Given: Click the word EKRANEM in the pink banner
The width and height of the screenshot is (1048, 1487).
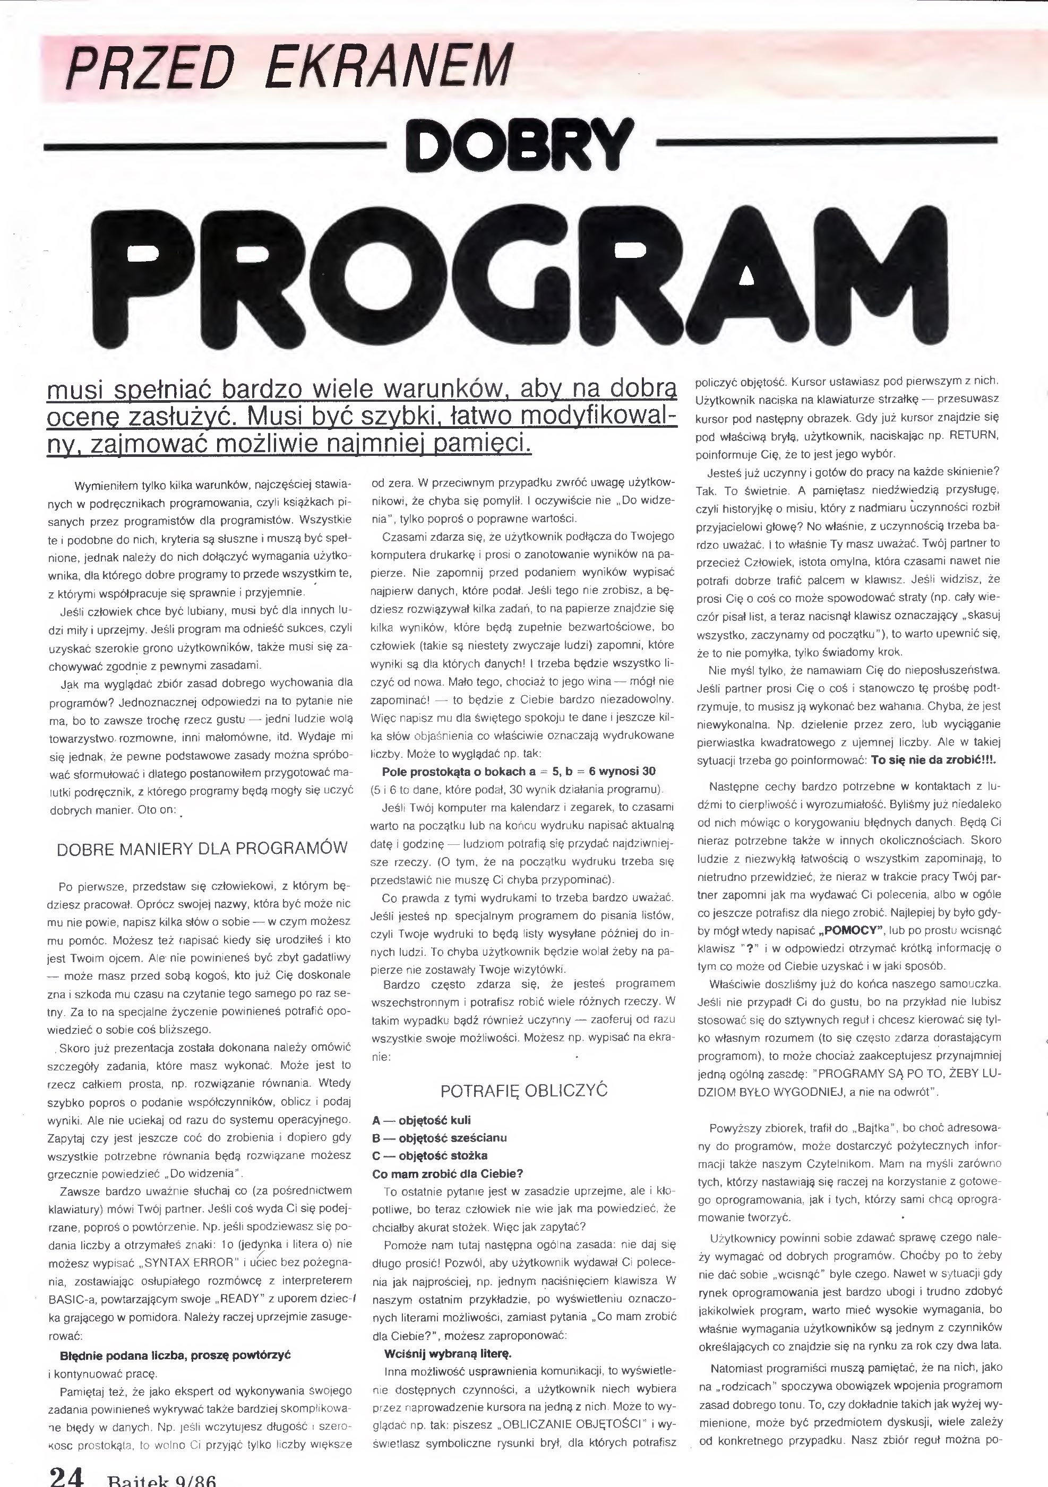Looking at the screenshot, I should coord(389,66).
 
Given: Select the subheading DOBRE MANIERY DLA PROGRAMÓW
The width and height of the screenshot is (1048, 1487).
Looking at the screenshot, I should coord(202,849).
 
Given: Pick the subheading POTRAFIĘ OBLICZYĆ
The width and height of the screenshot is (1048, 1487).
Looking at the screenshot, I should coord(523,1091).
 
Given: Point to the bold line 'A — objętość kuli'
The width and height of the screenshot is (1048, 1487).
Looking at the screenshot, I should coord(422,1120).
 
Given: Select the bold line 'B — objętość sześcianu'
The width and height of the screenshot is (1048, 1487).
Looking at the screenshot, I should coord(439,1138).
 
